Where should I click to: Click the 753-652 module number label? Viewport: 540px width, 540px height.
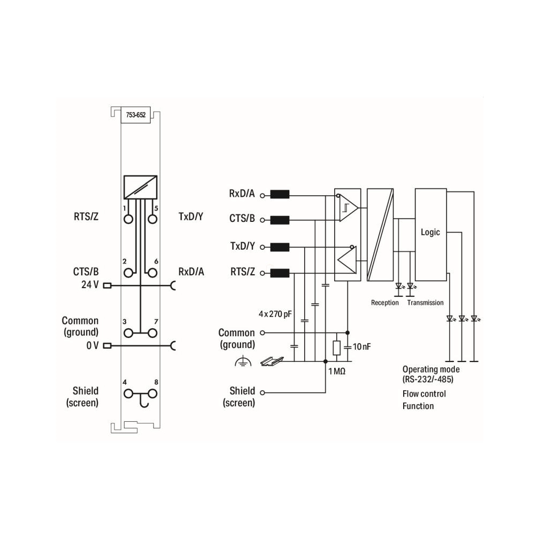[x=136, y=115]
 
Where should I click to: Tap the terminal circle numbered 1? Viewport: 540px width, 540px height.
[x=128, y=219]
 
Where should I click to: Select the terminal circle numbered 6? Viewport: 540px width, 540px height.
[x=152, y=273]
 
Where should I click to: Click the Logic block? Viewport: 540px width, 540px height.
[x=431, y=235]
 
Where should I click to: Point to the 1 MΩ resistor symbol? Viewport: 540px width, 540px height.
[x=336, y=348]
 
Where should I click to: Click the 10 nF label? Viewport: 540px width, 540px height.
[x=361, y=347]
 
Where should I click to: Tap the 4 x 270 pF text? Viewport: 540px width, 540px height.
[x=275, y=314]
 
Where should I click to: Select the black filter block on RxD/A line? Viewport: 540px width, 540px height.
[x=280, y=195]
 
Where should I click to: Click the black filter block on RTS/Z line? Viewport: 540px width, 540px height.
[x=280, y=273]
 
